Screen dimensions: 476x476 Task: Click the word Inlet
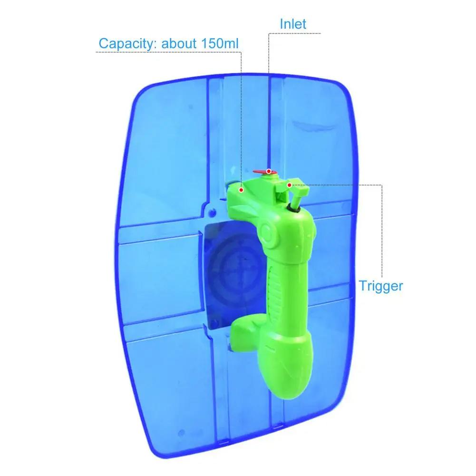[292, 24]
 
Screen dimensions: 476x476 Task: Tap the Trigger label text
[381, 286]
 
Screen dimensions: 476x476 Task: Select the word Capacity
[127, 44]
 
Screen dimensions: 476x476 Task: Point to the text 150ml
[220, 43]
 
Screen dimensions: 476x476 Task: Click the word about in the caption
[179, 43]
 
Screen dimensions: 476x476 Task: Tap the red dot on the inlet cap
[269, 172]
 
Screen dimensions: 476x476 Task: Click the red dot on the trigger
[289, 185]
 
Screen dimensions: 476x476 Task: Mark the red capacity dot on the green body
[242, 190]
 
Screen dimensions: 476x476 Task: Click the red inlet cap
[265, 173]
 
